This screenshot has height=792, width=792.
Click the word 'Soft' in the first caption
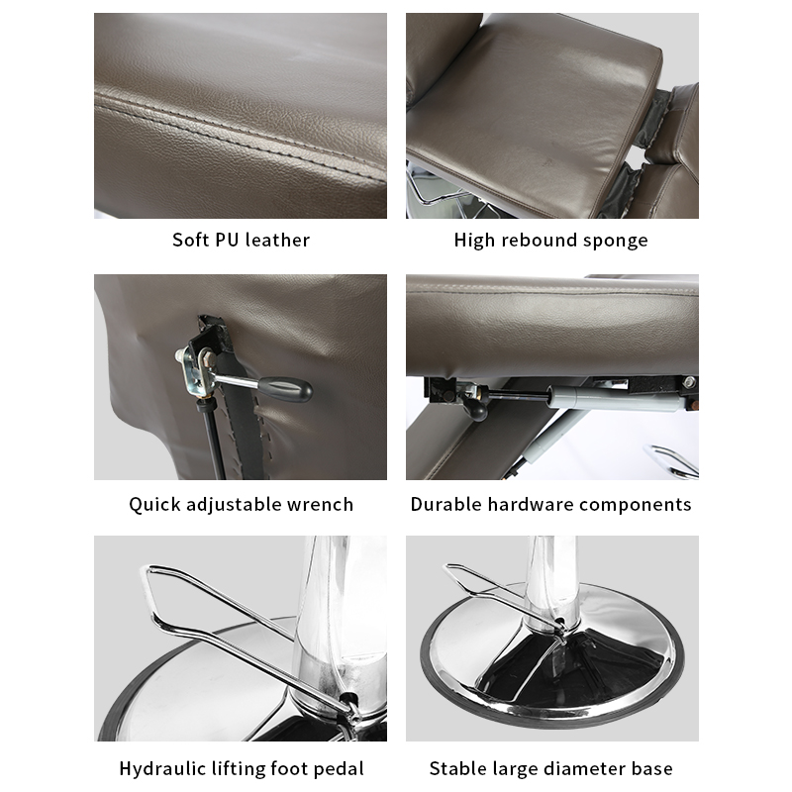click(190, 240)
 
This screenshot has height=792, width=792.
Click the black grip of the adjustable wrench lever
click(286, 389)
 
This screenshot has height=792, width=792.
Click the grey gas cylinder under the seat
click(616, 398)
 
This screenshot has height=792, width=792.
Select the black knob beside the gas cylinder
click(475, 408)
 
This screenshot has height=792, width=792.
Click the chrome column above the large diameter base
click(552, 581)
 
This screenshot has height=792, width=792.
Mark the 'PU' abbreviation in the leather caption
click(227, 240)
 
